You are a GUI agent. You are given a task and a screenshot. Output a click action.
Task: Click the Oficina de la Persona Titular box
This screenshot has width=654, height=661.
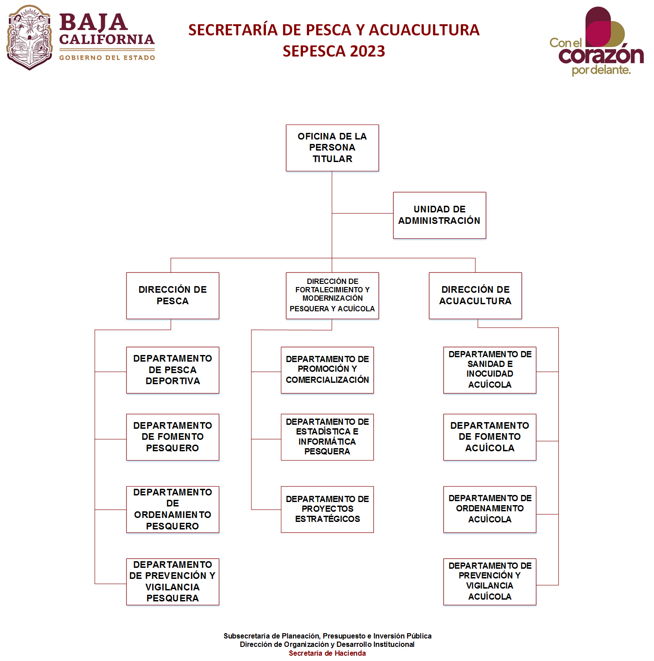(332, 148)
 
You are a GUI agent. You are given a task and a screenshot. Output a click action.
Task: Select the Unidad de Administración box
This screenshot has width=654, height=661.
(439, 215)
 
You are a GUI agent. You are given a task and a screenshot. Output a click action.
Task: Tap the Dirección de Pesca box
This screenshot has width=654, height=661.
(172, 295)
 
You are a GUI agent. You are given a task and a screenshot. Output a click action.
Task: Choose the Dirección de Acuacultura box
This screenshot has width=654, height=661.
(475, 295)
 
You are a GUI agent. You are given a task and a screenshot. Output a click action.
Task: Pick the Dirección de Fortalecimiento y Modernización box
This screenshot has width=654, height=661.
(332, 295)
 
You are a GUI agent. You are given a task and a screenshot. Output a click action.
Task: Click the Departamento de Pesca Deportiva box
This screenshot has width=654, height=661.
(172, 370)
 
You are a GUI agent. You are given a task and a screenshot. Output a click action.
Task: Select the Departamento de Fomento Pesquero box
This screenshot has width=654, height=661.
(172, 437)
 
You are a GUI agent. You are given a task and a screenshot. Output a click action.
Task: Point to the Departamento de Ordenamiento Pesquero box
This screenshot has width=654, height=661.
(172, 509)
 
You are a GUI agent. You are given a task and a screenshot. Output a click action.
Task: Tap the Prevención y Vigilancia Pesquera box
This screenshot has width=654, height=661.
(172, 582)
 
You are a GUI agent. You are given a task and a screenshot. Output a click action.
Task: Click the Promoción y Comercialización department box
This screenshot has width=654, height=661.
(327, 370)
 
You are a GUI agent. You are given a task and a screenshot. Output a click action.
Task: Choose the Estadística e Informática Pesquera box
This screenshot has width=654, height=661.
(327, 437)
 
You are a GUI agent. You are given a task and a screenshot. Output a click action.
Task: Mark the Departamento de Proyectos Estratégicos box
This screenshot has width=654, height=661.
(327, 509)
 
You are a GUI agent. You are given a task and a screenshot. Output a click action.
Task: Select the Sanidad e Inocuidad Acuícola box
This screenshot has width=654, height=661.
(490, 370)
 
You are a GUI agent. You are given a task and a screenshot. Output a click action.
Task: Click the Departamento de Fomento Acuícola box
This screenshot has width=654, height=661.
(490, 437)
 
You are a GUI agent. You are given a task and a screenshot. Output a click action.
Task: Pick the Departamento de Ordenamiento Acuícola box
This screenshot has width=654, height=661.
(490, 509)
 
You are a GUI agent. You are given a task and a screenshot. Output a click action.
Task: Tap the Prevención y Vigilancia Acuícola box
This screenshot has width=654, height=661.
(490, 582)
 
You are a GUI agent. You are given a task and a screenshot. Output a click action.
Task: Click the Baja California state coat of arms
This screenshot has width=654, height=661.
(30, 38)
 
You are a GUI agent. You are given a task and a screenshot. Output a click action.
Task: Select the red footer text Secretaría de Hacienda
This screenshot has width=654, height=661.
(327, 653)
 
